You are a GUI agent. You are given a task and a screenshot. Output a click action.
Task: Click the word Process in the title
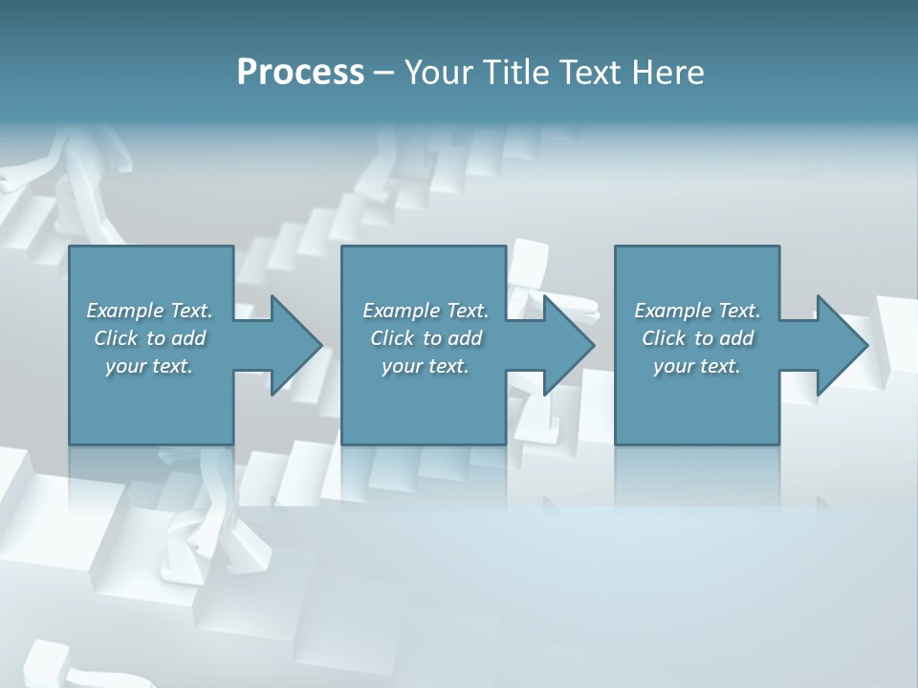tap(300, 73)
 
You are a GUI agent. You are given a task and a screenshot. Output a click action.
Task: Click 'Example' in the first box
tap(125, 311)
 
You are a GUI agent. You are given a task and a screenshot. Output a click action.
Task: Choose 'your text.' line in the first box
tap(149, 366)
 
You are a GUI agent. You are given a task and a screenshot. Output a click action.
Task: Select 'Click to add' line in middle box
tap(426, 338)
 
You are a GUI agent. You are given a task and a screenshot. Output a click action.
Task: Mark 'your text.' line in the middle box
tap(426, 366)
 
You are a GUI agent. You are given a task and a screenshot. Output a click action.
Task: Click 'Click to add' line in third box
tap(697, 338)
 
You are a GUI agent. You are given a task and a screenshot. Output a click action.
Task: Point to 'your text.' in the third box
tap(697, 366)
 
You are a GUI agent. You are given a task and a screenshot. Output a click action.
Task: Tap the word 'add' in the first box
tap(188, 338)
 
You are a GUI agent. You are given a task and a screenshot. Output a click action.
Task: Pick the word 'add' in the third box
tap(736, 338)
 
